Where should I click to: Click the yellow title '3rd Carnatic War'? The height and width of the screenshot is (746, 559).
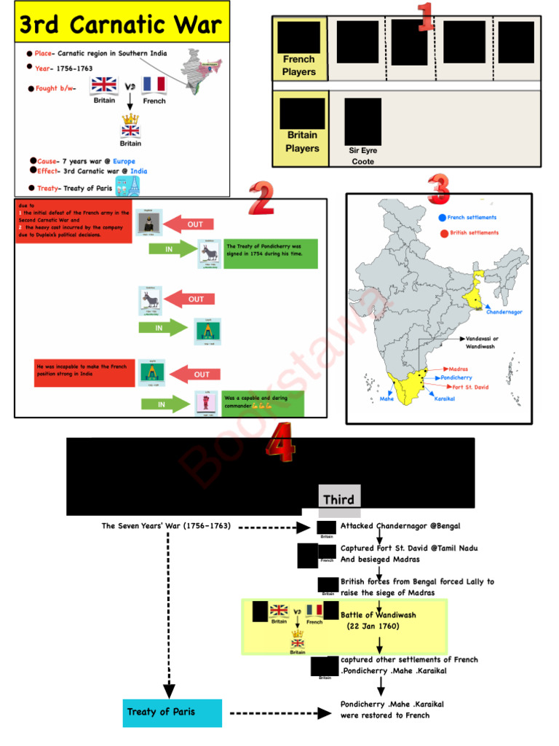click(x=119, y=25)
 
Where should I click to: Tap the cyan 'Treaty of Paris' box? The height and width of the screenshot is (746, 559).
click(x=172, y=712)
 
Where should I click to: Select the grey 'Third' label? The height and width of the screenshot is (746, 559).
click(x=338, y=499)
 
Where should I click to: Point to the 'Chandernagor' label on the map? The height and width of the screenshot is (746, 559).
click(x=504, y=312)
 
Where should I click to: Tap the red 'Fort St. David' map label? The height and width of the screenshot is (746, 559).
click(x=472, y=388)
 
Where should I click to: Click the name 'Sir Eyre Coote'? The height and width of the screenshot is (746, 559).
click(x=363, y=156)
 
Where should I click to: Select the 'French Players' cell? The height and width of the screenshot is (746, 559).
click(x=299, y=65)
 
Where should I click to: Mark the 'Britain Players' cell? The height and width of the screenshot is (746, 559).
click(x=302, y=141)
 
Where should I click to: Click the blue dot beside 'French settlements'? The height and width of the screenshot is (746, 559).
click(x=442, y=218)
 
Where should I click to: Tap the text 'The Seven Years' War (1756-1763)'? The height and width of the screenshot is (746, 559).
click(x=166, y=526)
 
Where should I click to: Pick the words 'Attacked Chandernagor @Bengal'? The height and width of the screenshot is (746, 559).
click(x=400, y=526)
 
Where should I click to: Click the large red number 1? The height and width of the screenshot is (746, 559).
click(x=426, y=17)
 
